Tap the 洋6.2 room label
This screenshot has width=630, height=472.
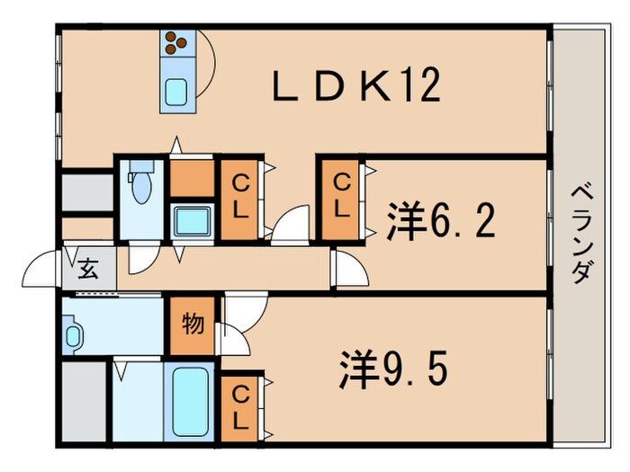[441, 220]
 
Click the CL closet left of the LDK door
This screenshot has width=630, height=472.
[240, 198]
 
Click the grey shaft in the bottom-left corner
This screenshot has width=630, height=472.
[83, 400]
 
